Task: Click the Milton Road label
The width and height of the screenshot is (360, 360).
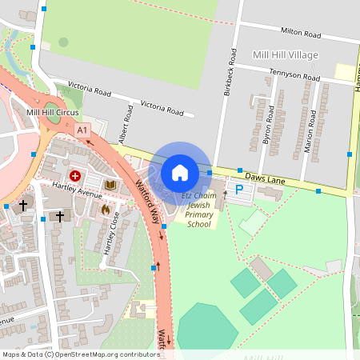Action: coord(300,34)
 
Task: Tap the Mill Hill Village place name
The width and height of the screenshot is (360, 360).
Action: coord(285,54)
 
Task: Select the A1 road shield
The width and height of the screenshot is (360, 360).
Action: coord(82,128)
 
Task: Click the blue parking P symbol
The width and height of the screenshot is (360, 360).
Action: coord(238,190)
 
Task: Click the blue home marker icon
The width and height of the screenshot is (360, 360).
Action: coord(180,172)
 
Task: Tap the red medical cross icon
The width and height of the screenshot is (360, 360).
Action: coord(75,175)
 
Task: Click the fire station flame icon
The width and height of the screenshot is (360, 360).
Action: coord(104,210)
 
